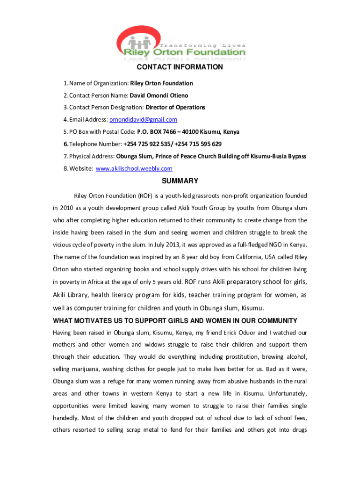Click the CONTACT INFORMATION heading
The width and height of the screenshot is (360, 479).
point(180,67)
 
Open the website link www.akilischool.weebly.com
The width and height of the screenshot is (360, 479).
point(134,168)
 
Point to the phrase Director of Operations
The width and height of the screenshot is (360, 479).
point(175,108)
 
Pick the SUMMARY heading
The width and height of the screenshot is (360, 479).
point(180,181)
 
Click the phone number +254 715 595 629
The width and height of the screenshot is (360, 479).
point(198,144)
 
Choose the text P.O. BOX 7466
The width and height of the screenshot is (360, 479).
point(157,132)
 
